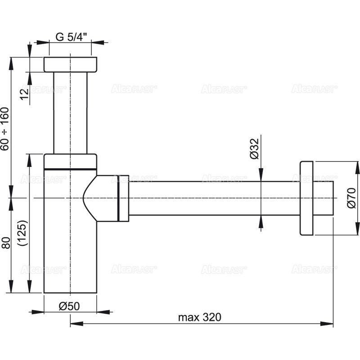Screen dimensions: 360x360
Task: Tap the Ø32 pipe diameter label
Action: pyautogui.click(x=254, y=148)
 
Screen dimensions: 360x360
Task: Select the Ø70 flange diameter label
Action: pyautogui.click(x=351, y=198)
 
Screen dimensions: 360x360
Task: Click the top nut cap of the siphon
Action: pyautogui.click(x=70, y=64)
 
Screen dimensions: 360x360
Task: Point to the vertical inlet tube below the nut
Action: pyautogui.click(x=70, y=112)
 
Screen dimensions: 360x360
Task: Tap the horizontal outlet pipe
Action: pyautogui.click(x=202, y=198)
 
